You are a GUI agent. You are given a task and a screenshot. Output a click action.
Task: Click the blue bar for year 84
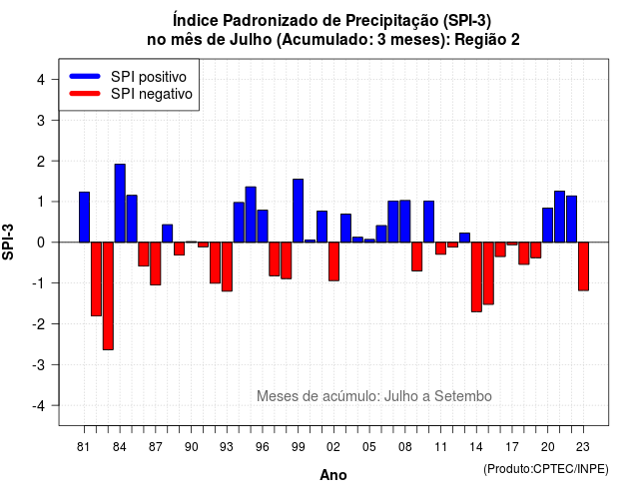120,204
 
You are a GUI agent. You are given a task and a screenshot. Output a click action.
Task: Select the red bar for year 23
583,266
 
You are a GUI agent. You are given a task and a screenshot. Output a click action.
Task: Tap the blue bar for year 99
298,211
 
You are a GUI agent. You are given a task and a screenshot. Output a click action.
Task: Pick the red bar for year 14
476,277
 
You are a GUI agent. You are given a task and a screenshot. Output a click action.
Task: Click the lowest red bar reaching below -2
108,296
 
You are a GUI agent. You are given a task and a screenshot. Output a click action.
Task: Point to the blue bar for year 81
84,218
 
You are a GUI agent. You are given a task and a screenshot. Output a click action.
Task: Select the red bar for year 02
333,261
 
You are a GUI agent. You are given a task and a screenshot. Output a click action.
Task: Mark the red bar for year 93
227,266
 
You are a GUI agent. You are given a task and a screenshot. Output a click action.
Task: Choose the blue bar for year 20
548,226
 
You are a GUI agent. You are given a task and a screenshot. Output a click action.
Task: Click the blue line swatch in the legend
85,76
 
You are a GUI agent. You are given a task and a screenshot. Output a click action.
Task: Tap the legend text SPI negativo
152,94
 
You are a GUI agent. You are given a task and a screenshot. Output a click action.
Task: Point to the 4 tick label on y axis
41,80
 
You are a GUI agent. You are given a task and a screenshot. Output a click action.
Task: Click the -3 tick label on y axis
38,365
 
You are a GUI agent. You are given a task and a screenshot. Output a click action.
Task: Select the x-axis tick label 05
369,447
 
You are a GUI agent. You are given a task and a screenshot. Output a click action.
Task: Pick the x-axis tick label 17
512,447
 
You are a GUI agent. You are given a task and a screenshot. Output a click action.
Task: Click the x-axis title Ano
333,475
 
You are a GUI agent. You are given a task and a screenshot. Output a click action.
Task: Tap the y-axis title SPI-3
8,242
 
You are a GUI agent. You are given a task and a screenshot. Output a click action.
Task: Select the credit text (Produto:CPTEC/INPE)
546,469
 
